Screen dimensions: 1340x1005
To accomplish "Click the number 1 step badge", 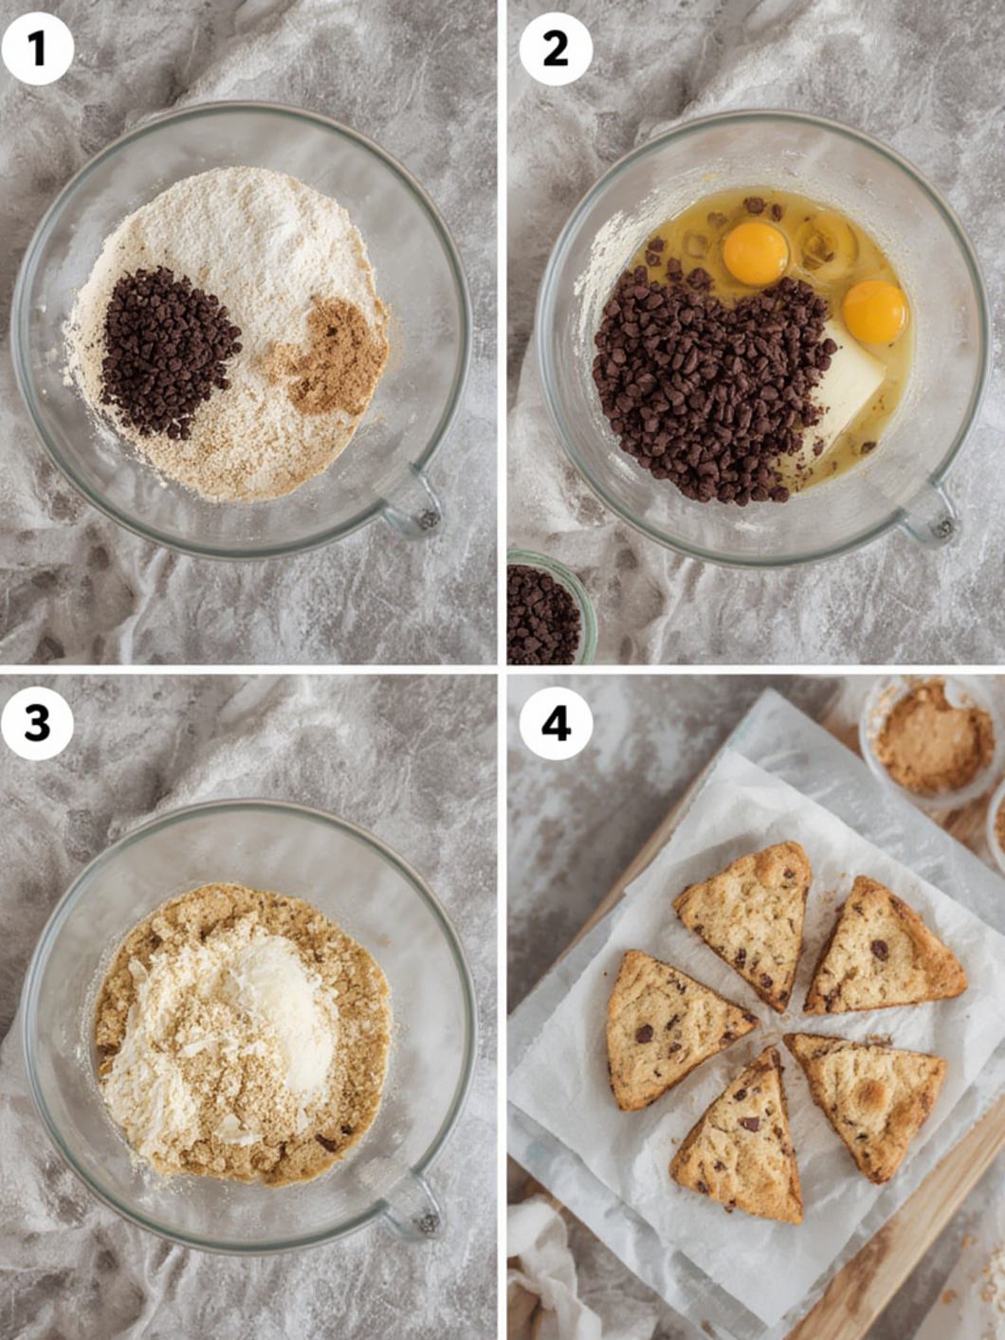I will pos(37,48).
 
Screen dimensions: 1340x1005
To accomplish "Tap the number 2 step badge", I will pos(556,48).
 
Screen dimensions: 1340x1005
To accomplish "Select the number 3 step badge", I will pos(37,724).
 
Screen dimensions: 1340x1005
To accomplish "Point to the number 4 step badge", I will pos(556,724).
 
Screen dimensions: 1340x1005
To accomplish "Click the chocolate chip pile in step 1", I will pos(166,351).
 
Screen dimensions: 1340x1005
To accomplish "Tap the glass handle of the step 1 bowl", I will pos(415,507).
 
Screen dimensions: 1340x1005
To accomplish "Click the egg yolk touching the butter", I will pos(874,312).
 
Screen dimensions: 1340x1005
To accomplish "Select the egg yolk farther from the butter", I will pos(756,253).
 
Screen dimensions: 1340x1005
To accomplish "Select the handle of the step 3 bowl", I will pos(417,1208).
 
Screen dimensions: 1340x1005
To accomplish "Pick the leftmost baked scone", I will pos(668,1028).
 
